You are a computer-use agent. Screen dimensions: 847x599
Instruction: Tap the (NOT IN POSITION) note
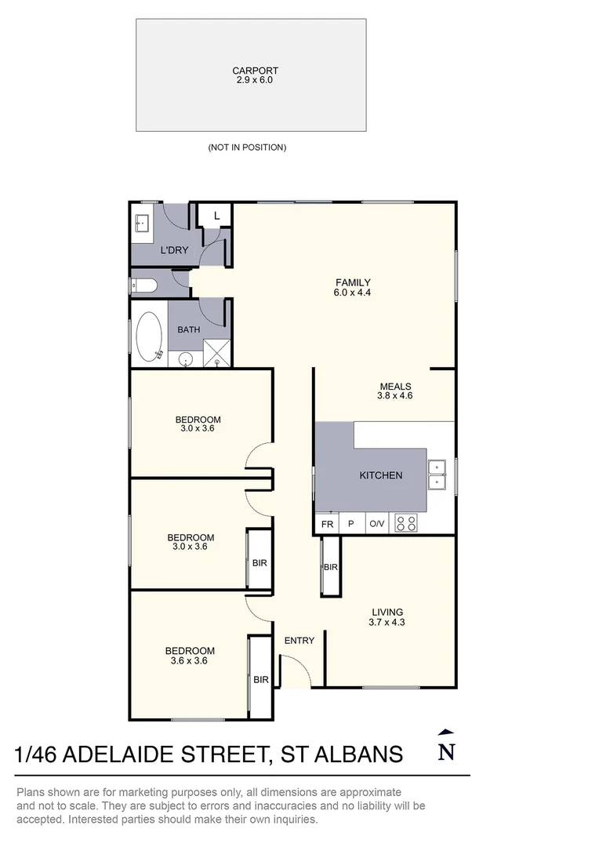point(247,147)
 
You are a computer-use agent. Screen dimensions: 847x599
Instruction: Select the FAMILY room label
point(353,283)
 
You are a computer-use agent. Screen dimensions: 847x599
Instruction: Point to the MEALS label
point(395,387)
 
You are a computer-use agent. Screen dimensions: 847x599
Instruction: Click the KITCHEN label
point(381,475)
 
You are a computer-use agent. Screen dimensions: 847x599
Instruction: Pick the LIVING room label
point(387,613)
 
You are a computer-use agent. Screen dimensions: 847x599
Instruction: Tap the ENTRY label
point(299,641)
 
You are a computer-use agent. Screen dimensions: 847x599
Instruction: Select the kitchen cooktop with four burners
point(406,523)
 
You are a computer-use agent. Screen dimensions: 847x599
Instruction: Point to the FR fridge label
point(327,524)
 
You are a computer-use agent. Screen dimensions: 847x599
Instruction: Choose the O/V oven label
point(377,524)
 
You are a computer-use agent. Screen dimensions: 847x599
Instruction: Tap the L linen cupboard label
point(217,216)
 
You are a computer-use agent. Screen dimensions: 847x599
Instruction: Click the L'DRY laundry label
point(174,251)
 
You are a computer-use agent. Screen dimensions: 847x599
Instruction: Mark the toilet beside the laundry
point(147,285)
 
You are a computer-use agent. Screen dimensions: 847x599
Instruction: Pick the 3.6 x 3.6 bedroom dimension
point(190,661)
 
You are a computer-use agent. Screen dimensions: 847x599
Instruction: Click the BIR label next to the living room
point(330,567)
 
